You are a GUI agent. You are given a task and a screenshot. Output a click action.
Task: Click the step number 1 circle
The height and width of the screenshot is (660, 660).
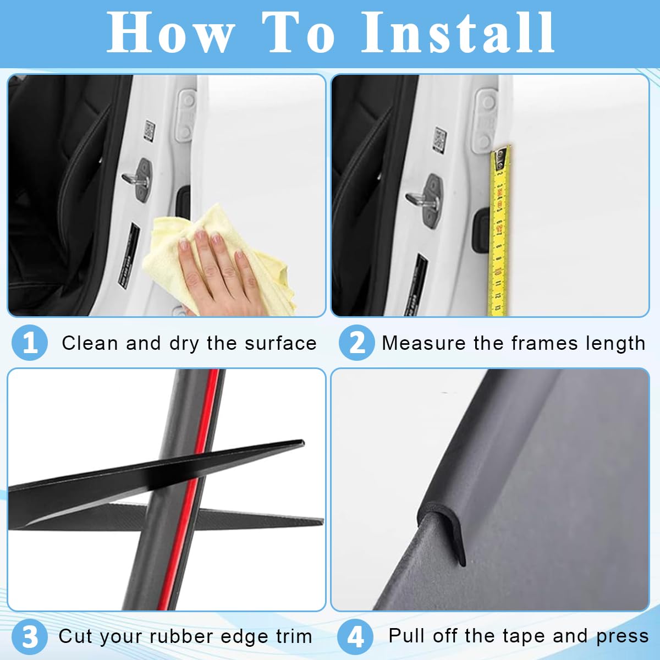[30, 343]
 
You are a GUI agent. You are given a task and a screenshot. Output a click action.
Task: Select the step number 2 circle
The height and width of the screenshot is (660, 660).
[356, 343]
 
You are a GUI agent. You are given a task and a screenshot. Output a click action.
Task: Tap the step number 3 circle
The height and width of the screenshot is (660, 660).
[30, 636]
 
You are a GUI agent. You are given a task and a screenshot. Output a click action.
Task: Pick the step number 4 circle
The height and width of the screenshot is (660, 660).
[355, 636]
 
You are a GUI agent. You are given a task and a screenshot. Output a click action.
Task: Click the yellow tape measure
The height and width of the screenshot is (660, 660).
[499, 231]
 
